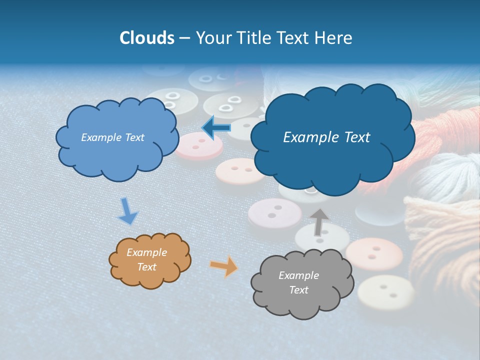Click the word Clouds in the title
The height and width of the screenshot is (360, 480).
147,38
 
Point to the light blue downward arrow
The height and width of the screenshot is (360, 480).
127,210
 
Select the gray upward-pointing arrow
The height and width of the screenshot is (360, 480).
318,222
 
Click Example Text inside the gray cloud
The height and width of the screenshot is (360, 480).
298,282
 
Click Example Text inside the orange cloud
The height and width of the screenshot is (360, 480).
147,259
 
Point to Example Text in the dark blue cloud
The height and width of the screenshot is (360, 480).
326,137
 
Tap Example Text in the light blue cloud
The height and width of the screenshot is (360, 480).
112,137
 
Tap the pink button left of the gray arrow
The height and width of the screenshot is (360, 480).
274,212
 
